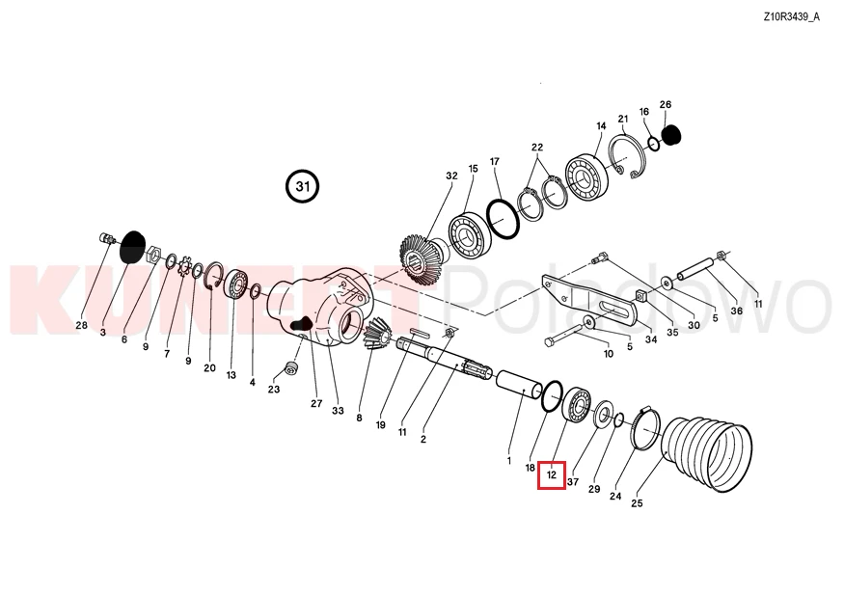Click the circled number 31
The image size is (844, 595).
point(303,187)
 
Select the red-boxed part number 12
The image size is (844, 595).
point(551,475)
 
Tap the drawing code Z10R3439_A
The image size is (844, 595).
point(791,16)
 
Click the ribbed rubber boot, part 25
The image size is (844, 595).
point(706,453)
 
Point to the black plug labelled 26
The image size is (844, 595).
point(670,135)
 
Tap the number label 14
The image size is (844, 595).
point(601,126)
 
